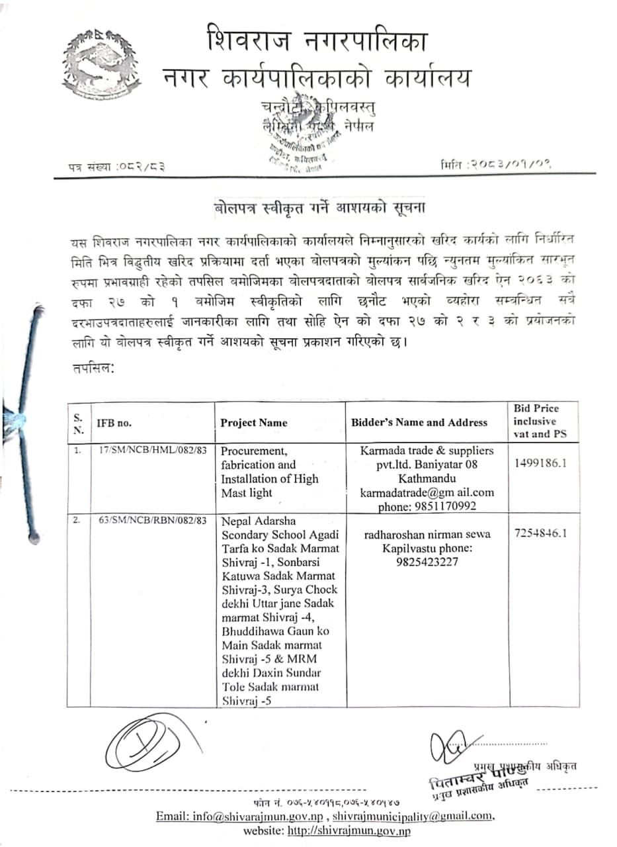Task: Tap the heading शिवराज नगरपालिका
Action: pos(317,40)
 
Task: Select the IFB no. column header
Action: pos(114,422)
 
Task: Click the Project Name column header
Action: pos(254,422)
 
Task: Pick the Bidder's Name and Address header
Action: pos(419,422)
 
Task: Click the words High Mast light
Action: pos(269,486)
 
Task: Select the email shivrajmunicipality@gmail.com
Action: pos(413,816)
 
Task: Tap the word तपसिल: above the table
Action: pos(93,369)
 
